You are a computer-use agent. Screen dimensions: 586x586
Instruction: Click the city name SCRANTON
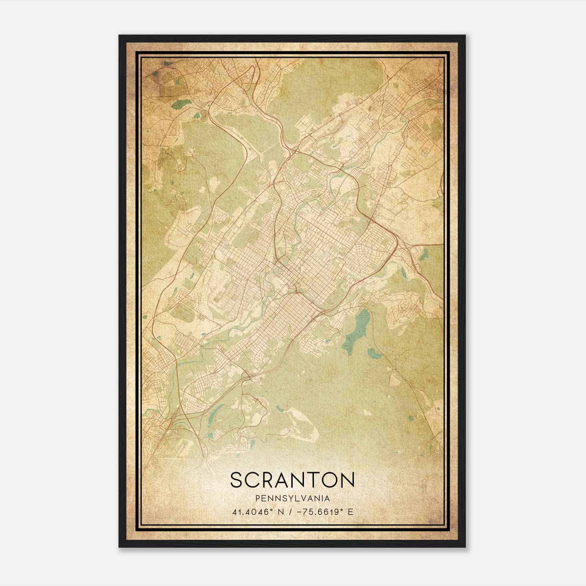click(293, 480)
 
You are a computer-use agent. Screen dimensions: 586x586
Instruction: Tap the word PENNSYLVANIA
click(293, 498)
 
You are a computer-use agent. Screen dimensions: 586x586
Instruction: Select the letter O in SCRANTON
click(331, 480)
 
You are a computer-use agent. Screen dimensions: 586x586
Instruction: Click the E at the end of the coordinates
click(351, 512)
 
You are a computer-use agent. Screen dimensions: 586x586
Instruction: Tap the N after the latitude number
click(281, 512)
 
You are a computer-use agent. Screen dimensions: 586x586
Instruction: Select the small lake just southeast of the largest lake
click(374, 354)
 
